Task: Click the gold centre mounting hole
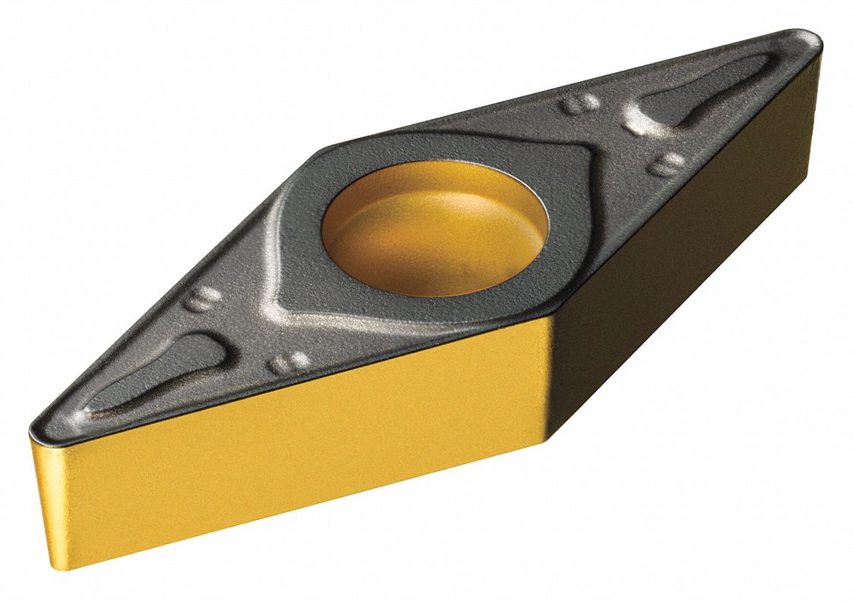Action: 434,231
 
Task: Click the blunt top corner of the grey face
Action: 328,148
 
